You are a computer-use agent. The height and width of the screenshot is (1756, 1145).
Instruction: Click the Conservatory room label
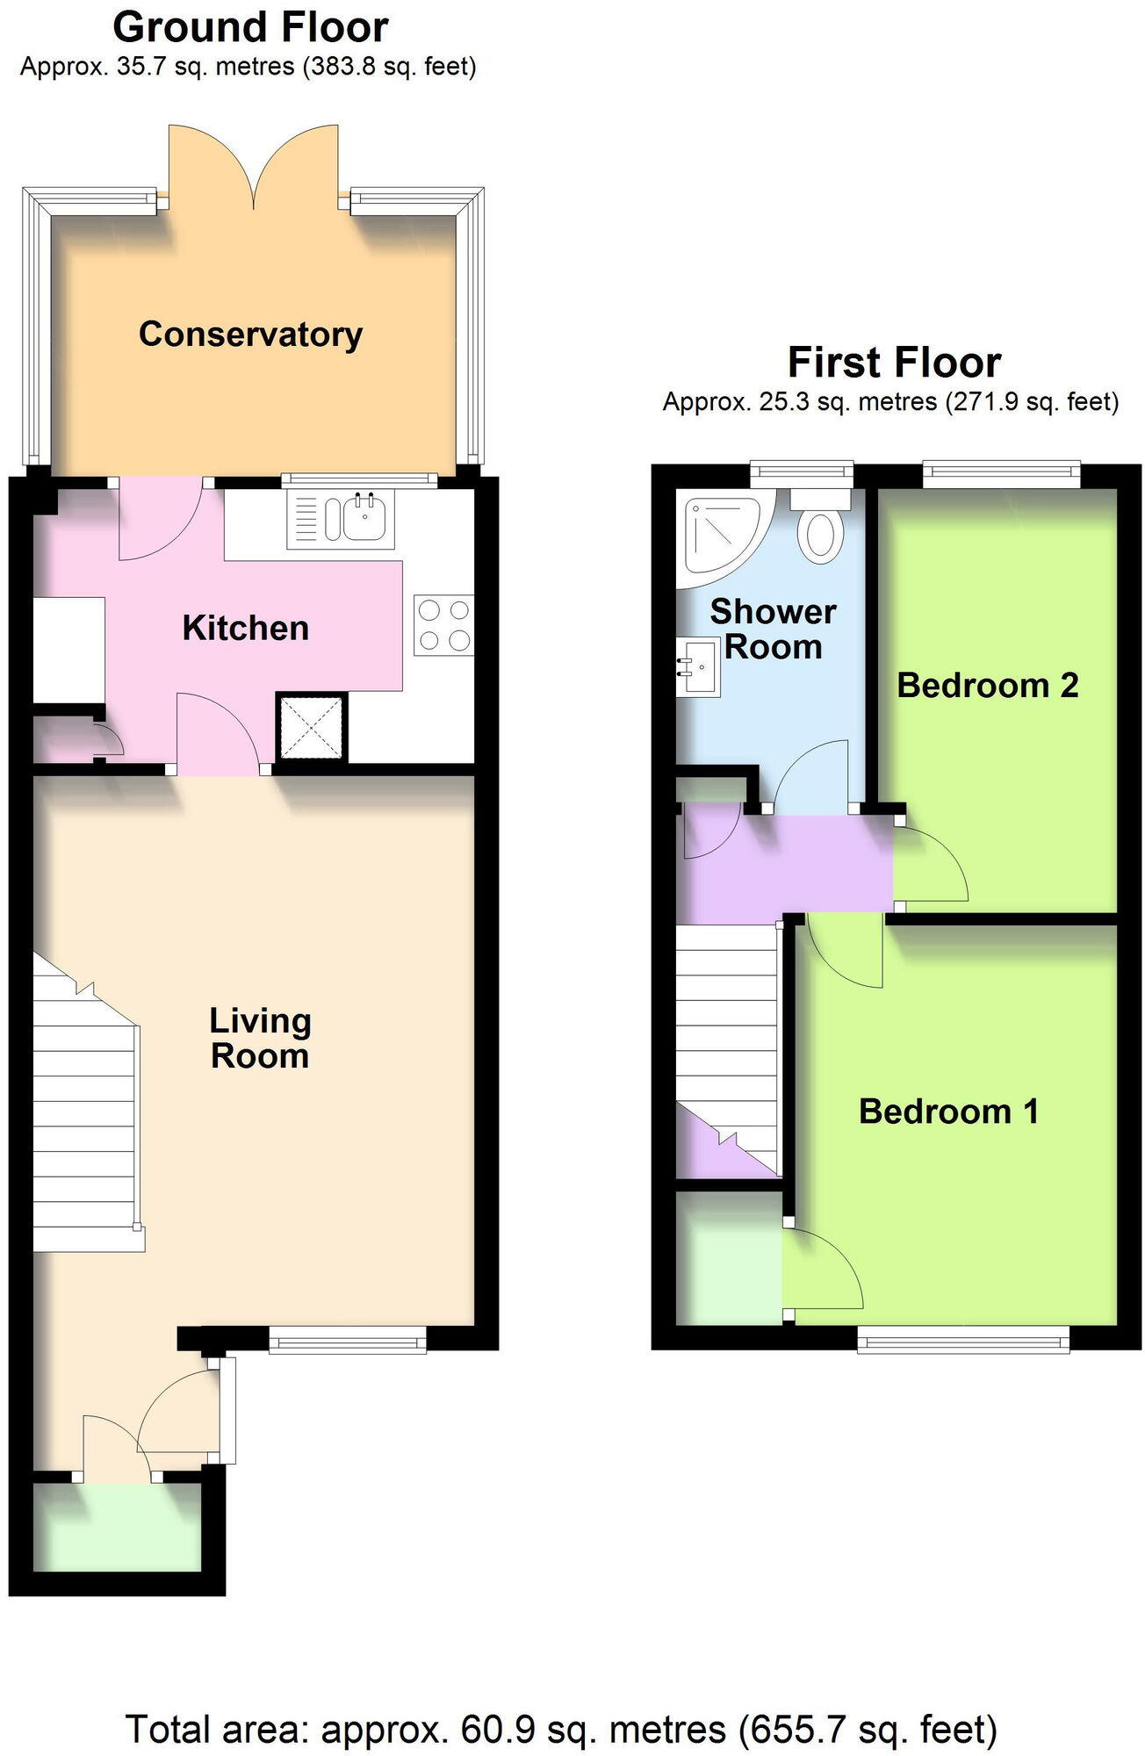coord(250,335)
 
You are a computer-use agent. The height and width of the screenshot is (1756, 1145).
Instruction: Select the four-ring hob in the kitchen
coord(443,624)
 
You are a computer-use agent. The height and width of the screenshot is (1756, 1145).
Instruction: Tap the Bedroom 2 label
coord(987,685)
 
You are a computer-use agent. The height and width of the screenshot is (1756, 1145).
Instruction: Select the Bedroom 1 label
coord(948,1111)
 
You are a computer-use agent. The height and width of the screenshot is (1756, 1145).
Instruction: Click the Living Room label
coord(260,1038)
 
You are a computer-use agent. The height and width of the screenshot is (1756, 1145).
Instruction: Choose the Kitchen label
coord(245,628)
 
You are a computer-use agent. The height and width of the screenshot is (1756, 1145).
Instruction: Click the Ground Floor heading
coord(250,27)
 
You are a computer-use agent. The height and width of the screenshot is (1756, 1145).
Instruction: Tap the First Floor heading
coord(894,362)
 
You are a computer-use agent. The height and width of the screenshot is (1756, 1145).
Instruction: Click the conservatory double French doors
coord(254,167)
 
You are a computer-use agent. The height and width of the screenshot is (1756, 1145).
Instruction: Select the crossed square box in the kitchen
coord(312,727)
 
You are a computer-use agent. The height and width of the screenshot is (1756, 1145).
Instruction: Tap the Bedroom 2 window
coord(1000,475)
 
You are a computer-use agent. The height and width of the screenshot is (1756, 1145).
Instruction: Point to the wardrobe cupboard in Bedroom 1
coord(728,1256)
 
